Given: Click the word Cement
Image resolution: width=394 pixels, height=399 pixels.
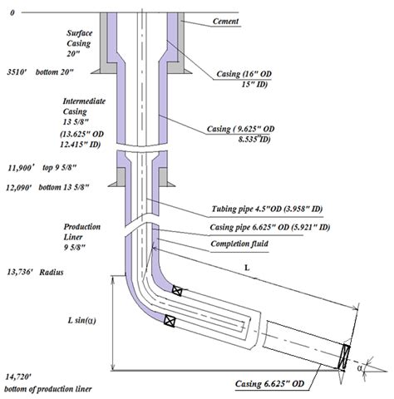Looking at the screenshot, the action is [x=225, y=22].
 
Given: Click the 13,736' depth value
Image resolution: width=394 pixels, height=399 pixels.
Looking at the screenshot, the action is [x=20, y=272].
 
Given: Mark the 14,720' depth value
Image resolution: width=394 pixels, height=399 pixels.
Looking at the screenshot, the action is [x=18, y=377].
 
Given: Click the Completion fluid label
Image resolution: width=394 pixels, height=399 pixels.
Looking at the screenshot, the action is [x=239, y=244].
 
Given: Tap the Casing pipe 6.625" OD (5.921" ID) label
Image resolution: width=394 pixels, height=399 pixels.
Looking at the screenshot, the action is [x=270, y=228].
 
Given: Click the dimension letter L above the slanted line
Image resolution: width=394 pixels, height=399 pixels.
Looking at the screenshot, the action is [x=247, y=268].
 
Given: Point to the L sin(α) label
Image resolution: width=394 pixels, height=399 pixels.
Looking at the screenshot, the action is [x=82, y=321].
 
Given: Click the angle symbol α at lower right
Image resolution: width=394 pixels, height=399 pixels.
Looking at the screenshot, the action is [x=360, y=368].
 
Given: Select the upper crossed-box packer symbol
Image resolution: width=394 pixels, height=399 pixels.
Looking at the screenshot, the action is [x=177, y=291].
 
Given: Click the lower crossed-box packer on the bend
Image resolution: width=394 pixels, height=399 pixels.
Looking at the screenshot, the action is [x=170, y=321].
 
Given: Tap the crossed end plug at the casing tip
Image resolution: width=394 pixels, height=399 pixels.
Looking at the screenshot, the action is [x=344, y=357].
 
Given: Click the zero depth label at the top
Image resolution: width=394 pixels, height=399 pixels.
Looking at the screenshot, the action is [x=12, y=12].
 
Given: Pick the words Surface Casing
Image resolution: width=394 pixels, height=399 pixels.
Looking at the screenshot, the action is [x=79, y=38].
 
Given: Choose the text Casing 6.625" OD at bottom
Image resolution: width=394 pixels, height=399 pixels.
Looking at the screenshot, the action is [x=269, y=384].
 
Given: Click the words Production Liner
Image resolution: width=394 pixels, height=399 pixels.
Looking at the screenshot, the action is [x=82, y=232].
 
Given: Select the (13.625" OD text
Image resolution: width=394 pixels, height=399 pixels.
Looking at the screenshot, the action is [x=82, y=134].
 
